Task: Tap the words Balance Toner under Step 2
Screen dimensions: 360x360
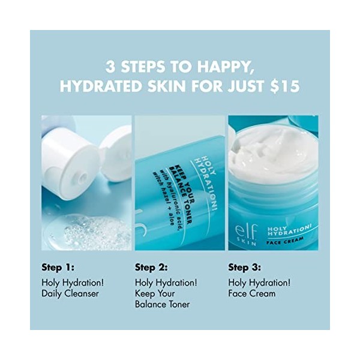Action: (x=162, y=304)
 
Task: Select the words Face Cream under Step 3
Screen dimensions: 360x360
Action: (x=251, y=293)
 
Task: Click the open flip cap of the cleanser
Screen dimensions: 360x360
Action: (x=117, y=153)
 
